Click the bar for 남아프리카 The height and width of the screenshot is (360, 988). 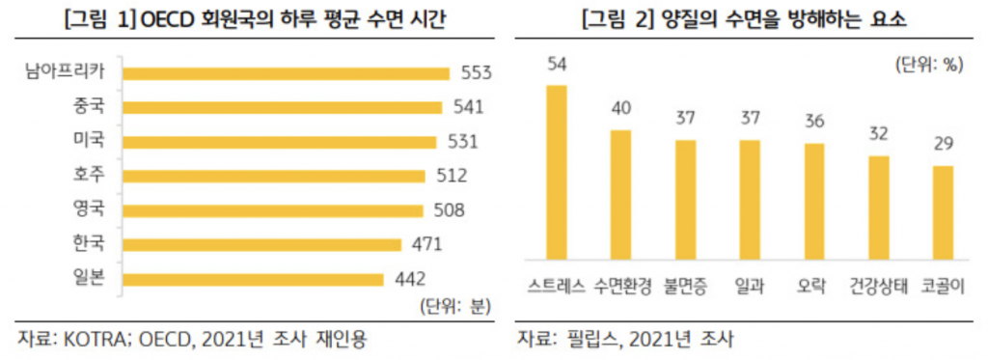tap(288, 73)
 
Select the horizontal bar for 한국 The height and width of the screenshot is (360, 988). tap(263, 245)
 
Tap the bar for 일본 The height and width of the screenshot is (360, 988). tap(255, 280)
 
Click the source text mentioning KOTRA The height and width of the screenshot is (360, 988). tap(193, 339)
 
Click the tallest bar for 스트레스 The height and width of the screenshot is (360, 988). tap(557, 173)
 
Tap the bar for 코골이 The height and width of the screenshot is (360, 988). tap(943, 213)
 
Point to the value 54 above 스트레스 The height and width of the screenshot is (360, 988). tap(557, 65)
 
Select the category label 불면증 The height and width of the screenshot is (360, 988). tap(686, 286)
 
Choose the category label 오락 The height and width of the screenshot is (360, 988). tap(814, 286)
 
